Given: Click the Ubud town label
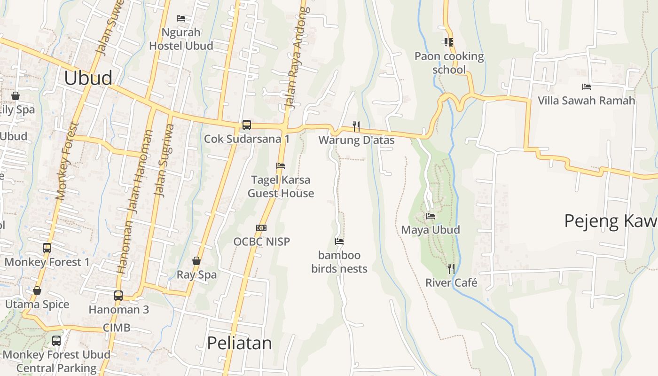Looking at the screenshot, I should (88, 78).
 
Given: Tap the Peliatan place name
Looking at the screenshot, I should (239, 343).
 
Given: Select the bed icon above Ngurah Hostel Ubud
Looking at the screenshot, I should (181, 18).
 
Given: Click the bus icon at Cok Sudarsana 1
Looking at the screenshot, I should (246, 125).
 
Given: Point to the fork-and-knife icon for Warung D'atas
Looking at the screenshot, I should (356, 126).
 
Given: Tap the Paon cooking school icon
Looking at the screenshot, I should (449, 42).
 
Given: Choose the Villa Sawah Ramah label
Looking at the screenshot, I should (586, 100).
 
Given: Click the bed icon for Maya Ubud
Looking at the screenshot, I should (430, 216).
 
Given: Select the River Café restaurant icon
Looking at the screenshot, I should (451, 269).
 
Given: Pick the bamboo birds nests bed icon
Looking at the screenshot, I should (339, 242).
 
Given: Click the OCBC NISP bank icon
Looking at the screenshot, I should (262, 228).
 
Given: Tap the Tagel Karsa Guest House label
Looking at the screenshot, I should (281, 187).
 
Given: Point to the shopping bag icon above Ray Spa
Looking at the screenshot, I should (196, 261).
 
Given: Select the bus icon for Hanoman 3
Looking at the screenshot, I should (118, 296).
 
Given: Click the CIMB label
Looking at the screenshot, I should (117, 328).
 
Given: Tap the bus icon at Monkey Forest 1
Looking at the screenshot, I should (47, 248).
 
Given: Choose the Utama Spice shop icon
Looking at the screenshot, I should (37, 291).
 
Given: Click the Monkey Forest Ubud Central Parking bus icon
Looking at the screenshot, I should (56, 341).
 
